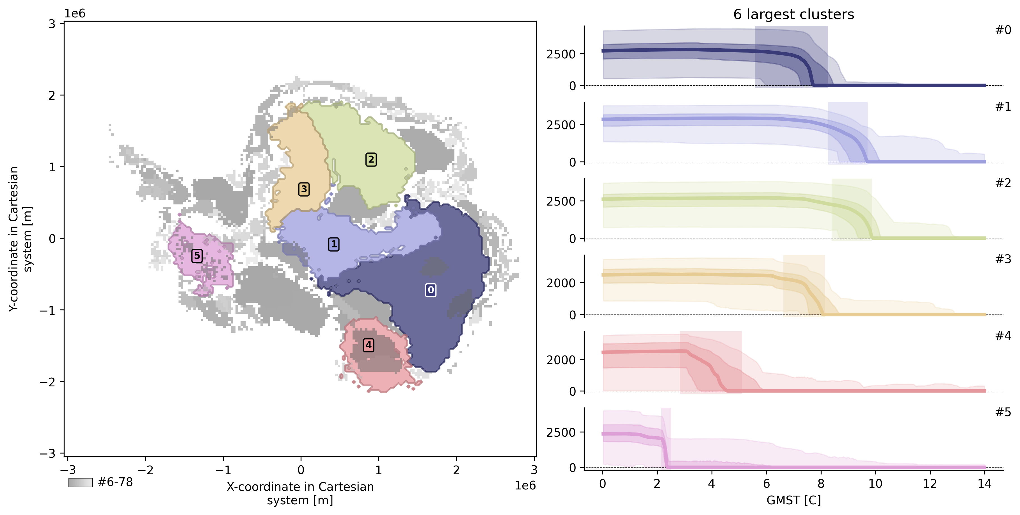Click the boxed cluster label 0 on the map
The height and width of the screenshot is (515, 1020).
[x=431, y=290]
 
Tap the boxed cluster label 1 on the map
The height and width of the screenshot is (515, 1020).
[x=334, y=244]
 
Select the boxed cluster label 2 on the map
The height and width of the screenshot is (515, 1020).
[x=371, y=159]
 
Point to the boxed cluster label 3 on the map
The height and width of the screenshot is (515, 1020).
[x=304, y=189]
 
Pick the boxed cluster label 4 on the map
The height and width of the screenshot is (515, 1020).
[x=369, y=345]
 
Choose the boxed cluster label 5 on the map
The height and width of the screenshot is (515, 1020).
[x=197, y=256]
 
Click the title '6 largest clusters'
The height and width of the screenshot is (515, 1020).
[x=793, y=15]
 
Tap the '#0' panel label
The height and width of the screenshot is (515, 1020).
[x=1003, y=30]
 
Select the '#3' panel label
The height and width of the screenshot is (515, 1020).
[x=1003, y=259]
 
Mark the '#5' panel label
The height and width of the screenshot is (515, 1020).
[x=1003, y=413]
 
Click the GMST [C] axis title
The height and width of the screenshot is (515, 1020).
[x=793, y=500]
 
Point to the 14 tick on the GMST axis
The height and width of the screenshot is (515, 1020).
[x=984, y=484]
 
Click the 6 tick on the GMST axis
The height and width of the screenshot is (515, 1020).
[x=766, y=484]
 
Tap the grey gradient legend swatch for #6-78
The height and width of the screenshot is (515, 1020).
[x=80, y=482]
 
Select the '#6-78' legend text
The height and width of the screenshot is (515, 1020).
[x=115, y=482]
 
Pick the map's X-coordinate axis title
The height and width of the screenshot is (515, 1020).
[x=300, y=493]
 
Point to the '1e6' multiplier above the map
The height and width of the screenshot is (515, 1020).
[x=75, y=13]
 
